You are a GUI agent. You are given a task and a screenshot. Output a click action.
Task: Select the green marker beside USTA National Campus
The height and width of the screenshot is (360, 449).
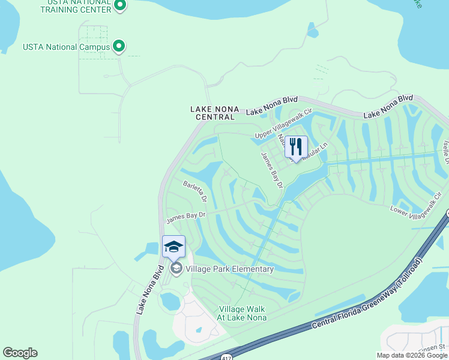click(x=119, y=46)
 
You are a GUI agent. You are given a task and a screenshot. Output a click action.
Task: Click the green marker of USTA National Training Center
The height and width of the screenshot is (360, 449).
click(x=119, y=6)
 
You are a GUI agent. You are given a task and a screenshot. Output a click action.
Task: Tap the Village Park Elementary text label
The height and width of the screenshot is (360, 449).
click(x=231, y=269)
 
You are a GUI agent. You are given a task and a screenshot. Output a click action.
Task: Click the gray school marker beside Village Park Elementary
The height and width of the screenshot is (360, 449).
click(x=176, y=268)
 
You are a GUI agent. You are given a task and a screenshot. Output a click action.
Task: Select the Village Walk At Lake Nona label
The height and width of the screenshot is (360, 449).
click(x=242, y=313)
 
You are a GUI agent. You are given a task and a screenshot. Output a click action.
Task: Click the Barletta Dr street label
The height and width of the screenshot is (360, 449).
click(x=196, y=191)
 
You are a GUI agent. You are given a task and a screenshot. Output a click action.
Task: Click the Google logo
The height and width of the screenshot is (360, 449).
click(x=20, y=353)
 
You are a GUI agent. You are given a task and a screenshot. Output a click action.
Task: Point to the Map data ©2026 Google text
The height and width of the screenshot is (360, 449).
click(x=412, y=355)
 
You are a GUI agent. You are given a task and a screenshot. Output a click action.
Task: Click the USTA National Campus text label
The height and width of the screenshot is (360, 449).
click(x=66, y=47)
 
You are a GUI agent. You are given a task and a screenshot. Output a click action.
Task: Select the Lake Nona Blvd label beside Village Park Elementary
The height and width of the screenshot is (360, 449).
click(x=149, y=289)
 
